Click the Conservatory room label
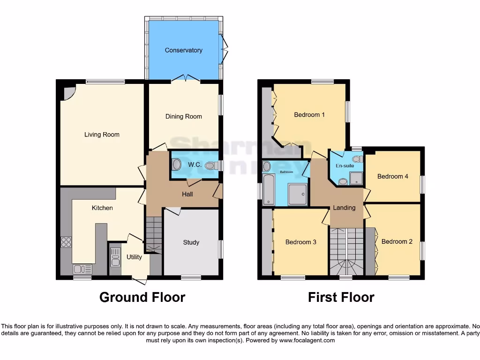tap(183, 50)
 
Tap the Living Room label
tap(102, 135)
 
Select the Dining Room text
tap(183, 116)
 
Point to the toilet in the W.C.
tap(177, 165)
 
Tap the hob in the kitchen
tap(66, 242)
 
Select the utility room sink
tap(115, 257)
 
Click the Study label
tap(191, 242)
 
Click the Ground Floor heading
tap(142, 297)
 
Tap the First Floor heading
tap(341, 297)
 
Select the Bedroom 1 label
tap(309, 114)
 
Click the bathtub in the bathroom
tap(269, 189)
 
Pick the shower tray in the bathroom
tap(297, 194)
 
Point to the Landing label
tap(344, 208)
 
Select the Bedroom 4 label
tap(393, 176)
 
